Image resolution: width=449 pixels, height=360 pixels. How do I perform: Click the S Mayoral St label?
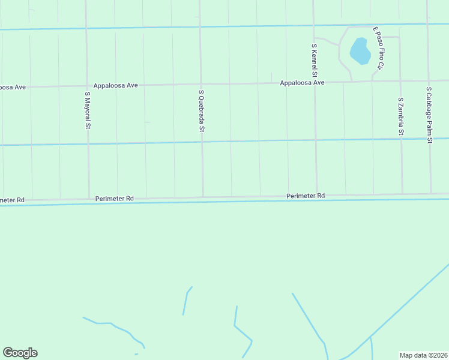[88, 110]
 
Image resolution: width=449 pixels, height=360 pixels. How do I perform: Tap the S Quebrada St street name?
[202, 111]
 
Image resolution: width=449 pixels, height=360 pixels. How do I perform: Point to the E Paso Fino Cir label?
[378, 46]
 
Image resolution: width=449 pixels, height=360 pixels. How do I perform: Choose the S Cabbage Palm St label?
[429, 115]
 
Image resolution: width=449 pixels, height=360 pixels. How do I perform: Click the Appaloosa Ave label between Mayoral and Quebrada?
[116, 85]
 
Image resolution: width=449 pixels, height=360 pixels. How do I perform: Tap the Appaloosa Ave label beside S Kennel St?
[302, 83]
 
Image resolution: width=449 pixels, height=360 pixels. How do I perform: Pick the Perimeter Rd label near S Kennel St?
[306, 196]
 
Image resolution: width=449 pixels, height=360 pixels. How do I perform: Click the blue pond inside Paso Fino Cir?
[360, 51]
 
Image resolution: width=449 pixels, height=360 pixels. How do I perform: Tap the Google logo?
[20, 353]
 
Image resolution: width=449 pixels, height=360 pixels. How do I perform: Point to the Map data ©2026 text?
[424, 355]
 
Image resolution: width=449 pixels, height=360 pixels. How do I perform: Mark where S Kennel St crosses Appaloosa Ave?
[315, 82]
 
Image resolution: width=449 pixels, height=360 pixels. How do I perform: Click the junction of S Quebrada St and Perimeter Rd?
[203, 197]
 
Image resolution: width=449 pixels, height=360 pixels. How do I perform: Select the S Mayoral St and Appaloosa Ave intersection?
[88, 86]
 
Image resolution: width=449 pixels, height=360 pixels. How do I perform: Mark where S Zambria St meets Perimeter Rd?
[402, 194]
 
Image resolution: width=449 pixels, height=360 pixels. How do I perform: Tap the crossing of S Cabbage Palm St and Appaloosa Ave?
[429, 80]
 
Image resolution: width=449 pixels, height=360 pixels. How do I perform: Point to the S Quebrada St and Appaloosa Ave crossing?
[200, 84]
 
